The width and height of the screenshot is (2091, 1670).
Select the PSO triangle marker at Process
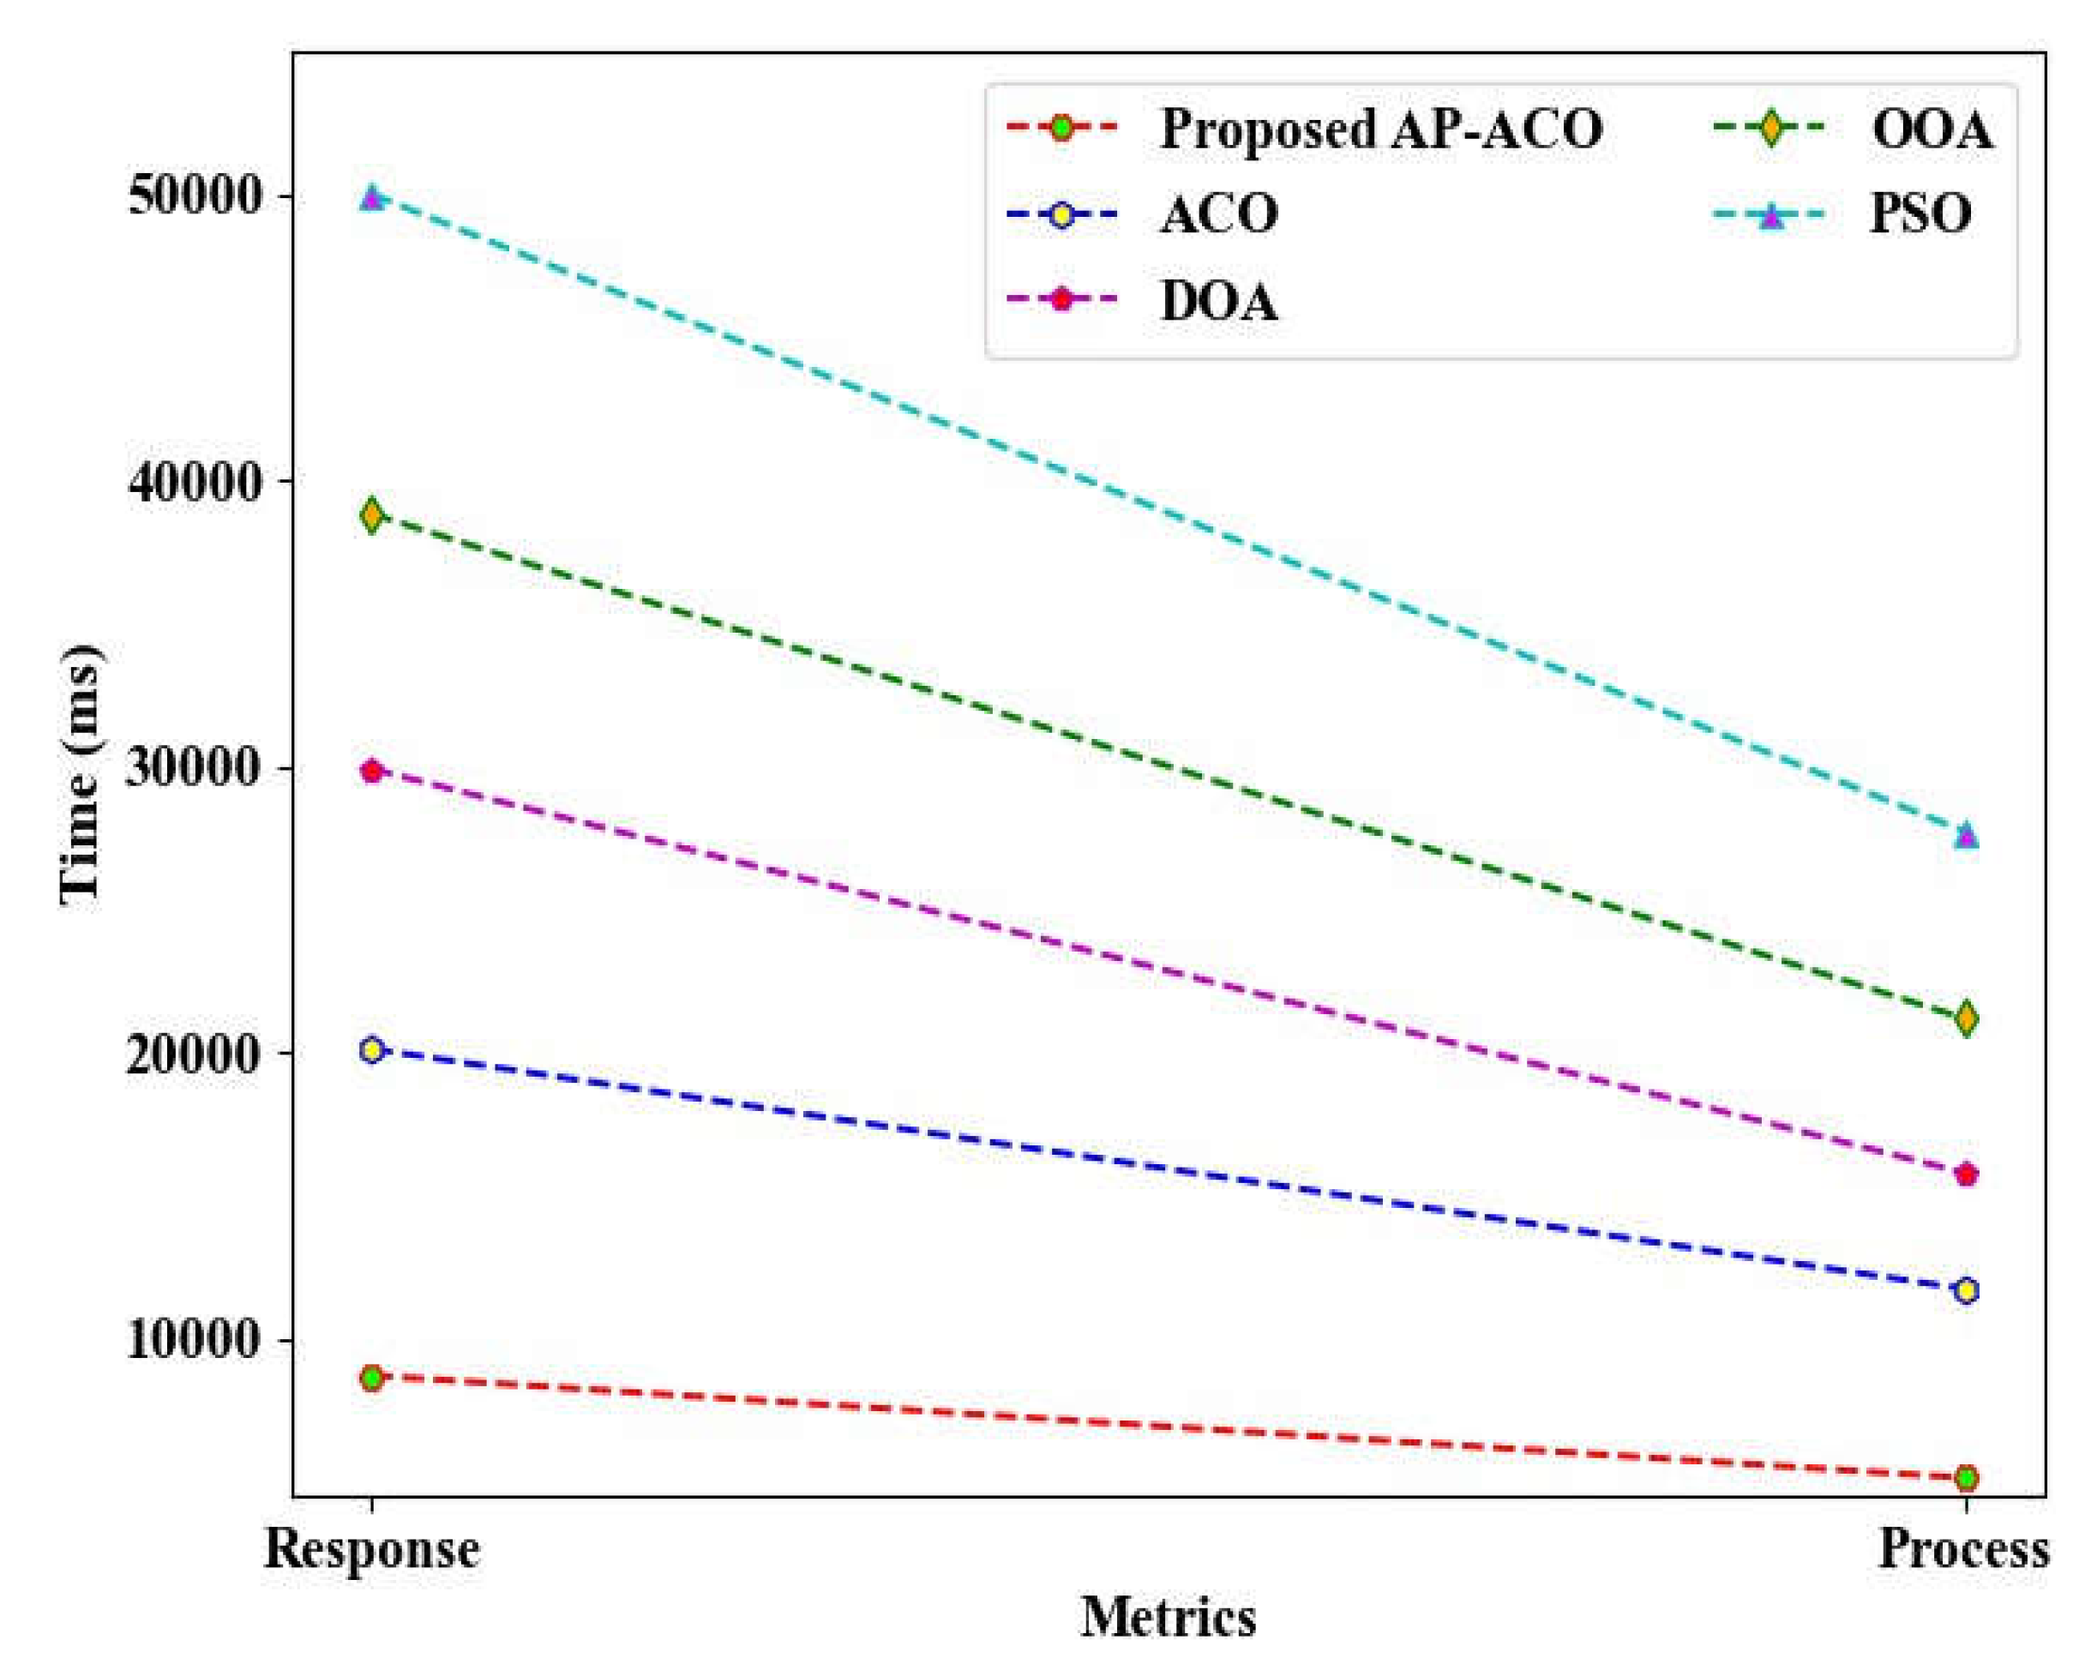pyautogui.click(x=1966, y=835)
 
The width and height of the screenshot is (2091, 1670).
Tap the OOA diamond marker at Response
pyautogui.click(x=371, y=515)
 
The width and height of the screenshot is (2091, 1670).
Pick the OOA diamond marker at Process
pyautogui.click(x=1966, y=1018)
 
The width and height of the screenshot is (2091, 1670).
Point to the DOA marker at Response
pyautogui.click(x=371, y=771)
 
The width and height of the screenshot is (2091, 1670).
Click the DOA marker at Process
pyautogui.click(x=1966, y=1174)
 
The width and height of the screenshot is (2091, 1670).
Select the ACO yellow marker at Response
pyautogui.click(x=371, y=1050)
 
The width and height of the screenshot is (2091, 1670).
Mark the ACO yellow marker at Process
pyautogui.click(x=1966, y=1291)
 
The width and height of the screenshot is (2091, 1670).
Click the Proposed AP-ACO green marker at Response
pyautogui.click(x=371, y=1377)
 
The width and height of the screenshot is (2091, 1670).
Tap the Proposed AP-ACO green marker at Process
pyautogui.click(x=1966, y=1478)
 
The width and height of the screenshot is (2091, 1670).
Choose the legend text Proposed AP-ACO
pyautogui.click(x=1381, y=129)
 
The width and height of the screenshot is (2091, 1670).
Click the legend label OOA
pyautogui.click(x=1932, y=129)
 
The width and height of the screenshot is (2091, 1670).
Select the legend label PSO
pyautogui.click(x=1920, y=214)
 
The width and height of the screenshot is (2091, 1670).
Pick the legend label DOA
pyautogui.click(x=1219, y=301)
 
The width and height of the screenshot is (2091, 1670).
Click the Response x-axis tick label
pyautogui.click(x=371, y=1550)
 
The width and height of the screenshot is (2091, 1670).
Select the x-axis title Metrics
pyautogui.click(x=1168, y=1618)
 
